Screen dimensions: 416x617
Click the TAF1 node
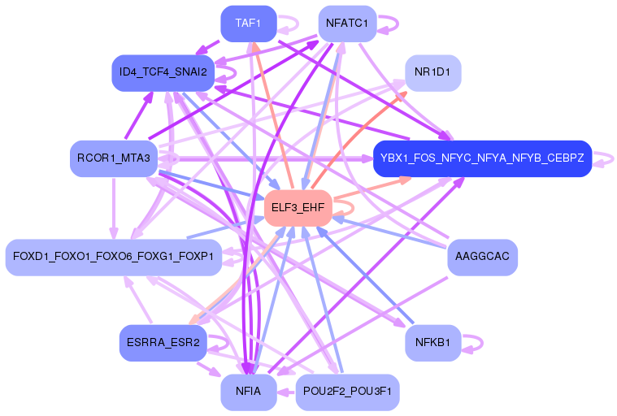pos(248,24)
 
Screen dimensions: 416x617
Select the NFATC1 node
pos(346,24)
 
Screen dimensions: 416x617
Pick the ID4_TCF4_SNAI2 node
pos(163,72)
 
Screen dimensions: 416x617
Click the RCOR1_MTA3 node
pos(113,158)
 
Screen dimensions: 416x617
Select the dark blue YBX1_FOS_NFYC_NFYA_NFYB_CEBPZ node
pos(481,158)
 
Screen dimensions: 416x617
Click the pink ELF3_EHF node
pos(297,208)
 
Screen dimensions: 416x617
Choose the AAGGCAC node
pos(482,257)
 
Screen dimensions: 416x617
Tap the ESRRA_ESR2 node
pos(163,342)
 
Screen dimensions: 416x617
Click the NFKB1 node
pos(432,342)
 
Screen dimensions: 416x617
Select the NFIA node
pos(248,392)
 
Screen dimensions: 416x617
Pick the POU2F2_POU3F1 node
pos(346,392)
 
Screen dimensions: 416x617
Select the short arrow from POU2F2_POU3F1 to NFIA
pos(285,392)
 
